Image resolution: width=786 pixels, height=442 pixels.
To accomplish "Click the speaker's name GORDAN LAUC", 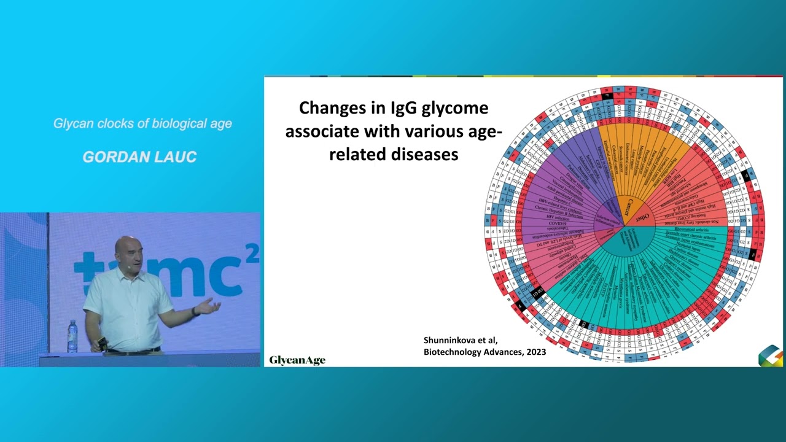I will [x=139, y=157].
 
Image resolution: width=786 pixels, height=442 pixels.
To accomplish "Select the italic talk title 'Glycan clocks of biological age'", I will [x=142, y=123].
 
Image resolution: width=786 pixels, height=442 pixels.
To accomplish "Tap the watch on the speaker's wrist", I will [x=195, y=312].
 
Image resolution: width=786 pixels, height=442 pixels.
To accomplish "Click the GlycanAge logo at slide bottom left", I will [x=297, y=360].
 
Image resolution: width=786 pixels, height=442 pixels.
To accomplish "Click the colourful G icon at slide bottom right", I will [x=770, y=355].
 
